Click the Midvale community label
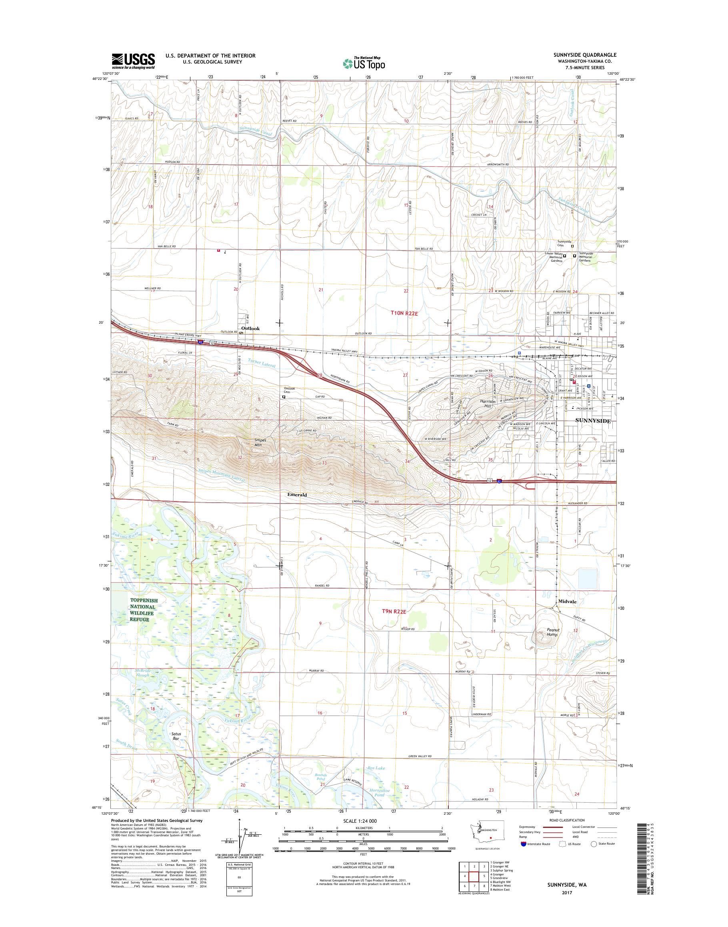pos(567,602)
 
